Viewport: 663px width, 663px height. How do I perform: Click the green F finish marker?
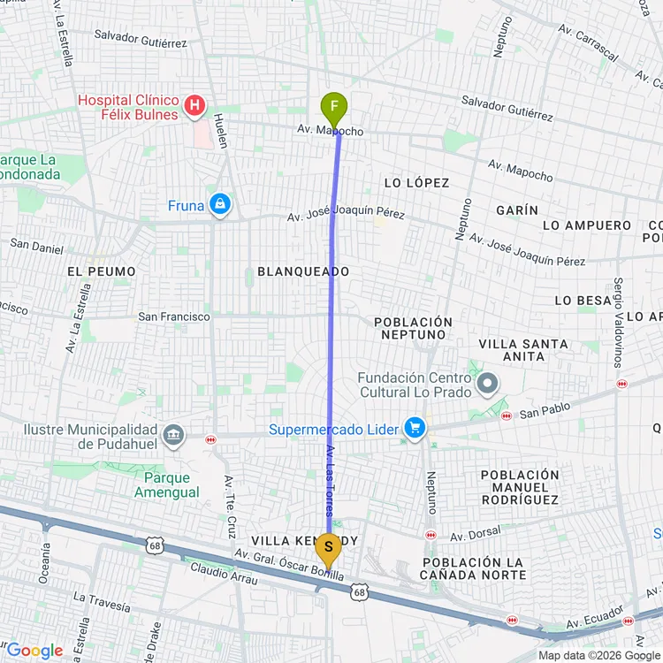(333, 110)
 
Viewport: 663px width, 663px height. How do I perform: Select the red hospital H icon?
(194, 109)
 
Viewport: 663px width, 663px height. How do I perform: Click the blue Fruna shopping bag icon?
(220, 205)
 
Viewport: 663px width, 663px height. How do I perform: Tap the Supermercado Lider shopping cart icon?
(414, 429)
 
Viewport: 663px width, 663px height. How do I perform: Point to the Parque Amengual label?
(167, 484)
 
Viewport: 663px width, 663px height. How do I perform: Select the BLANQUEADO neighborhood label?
(303, 271)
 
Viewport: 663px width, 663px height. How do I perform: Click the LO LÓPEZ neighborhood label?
(416, 183)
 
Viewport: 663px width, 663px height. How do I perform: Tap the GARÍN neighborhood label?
(517, 210)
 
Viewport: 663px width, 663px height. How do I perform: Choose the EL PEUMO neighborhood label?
(101, 271)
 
